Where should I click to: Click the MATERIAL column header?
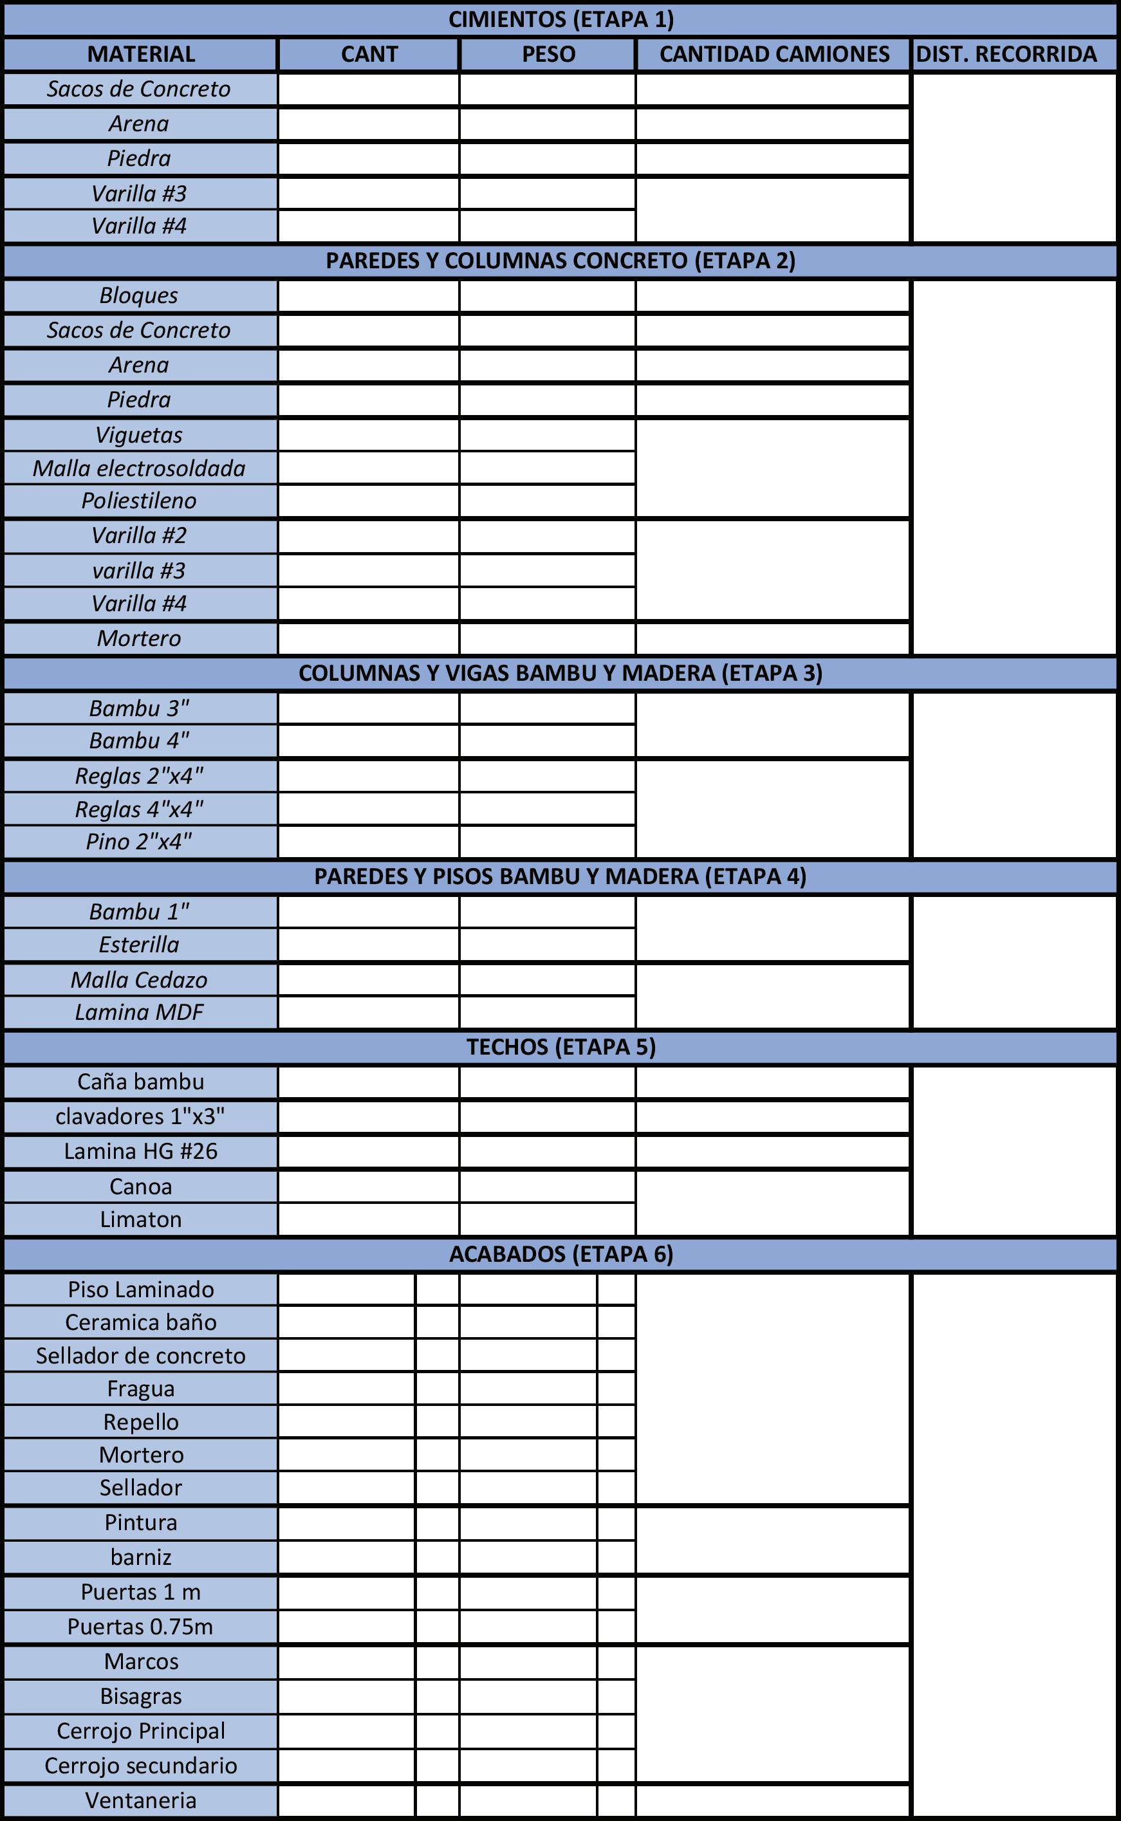(x=141, y=54)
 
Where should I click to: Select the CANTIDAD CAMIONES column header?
(x=774, y=54)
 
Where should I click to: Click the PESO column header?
(x=548, y=54)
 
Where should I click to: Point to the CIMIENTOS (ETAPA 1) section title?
(x=560, y=19)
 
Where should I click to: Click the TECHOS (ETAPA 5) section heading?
(x=560, y=1046)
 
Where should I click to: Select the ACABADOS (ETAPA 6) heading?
(x=560, y=1253)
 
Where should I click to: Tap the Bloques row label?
(x=140, y=295)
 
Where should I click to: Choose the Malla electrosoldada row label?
(x=140, y=468)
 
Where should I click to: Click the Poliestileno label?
(x=140, y=500)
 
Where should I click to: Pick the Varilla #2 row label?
(x=140, y=535)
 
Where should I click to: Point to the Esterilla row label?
(x=140, y=944)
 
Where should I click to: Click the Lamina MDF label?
(x=140, y=1012)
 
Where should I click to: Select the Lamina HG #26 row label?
(x=141, y=1151)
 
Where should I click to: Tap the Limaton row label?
(x=141, y=1219)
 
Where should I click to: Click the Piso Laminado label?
(x=141, y=1289)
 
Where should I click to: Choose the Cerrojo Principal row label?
(x=141, y=1730)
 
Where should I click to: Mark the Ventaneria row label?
(x=141, y=1800)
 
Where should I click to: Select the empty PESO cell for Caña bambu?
(x=547, y=1082)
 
